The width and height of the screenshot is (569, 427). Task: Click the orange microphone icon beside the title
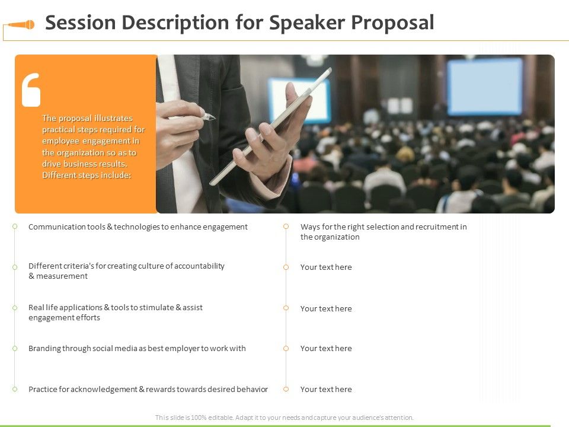click(x=21, y=25)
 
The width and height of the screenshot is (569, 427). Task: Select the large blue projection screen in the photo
click(x=485, y=87)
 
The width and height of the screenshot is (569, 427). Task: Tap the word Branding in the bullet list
click(x=44, y=348)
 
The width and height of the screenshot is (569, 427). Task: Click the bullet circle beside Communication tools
click(x=15, y=227)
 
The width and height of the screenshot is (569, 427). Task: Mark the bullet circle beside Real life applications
click(x=15, y=308)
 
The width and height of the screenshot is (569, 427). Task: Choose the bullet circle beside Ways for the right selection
click(x=286, y=227)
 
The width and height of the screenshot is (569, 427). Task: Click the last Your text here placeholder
click(x=326, y=389)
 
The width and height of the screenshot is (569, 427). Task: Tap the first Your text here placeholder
click(x=326, y=267)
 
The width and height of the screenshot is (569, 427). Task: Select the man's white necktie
click(x=190, y=178)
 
